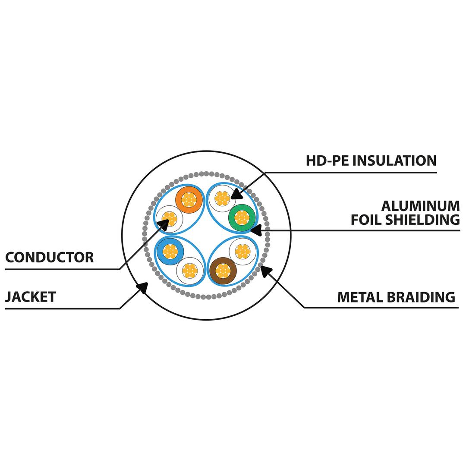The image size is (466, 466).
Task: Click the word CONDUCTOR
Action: point(49,258)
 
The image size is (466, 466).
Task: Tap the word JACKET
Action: point(31,297)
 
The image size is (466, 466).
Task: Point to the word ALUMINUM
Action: point(421,206)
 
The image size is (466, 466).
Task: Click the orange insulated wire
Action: point(189,199)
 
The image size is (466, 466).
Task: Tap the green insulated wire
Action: point(242,218)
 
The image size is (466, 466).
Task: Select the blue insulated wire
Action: point(170,251)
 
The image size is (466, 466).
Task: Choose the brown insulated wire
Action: point(223,271)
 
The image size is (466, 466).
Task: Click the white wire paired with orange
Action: point(169,219)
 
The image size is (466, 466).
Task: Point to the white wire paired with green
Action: point(222,198)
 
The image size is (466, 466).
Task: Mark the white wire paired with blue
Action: point(190,271)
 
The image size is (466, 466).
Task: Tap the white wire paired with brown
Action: point(242,251)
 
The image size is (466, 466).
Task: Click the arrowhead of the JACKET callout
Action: point(143,287)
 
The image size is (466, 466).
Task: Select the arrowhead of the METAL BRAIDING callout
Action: point(265,271)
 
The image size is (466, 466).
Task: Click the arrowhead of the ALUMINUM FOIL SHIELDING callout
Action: point(255,230)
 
